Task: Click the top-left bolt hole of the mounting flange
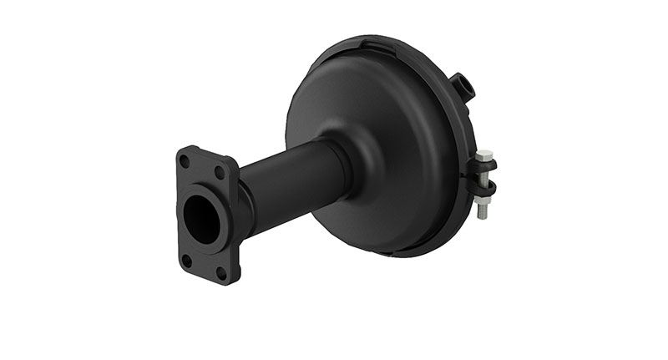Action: point(185,159)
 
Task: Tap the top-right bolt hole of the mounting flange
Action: point(220,172)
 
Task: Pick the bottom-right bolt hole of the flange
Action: point(222,272)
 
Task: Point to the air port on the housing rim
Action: point(461,86)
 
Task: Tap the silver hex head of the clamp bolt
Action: point(483,155)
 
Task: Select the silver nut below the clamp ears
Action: point(483,201)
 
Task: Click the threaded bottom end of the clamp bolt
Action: point(483,213)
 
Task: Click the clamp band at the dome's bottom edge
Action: point(409,251)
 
